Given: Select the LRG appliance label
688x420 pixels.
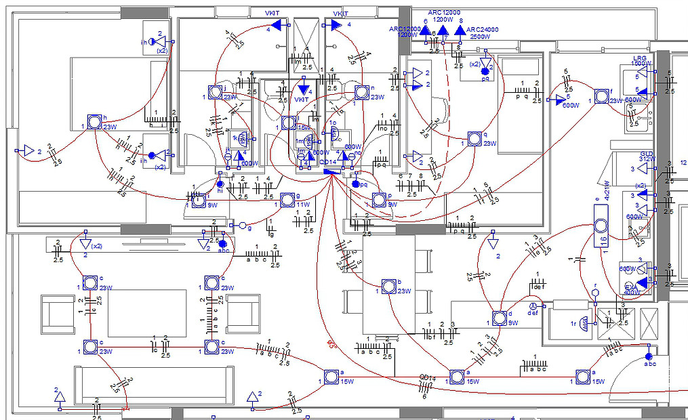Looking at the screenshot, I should coord(639,58).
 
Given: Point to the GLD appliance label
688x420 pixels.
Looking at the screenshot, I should coord(646,154).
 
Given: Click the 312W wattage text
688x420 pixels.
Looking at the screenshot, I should coord(647,160).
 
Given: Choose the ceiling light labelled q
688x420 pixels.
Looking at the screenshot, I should coord(475,138).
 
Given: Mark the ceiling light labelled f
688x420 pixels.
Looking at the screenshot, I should coord(601,96).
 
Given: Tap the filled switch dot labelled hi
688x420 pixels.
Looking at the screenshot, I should coord(220,183).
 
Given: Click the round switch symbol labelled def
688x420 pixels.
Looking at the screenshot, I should coord(531,306).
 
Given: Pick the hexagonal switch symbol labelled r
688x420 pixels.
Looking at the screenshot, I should coord(596,293).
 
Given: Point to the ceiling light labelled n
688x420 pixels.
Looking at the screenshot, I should coord(362,92).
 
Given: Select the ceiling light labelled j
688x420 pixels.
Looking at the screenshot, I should coord(215,93).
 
